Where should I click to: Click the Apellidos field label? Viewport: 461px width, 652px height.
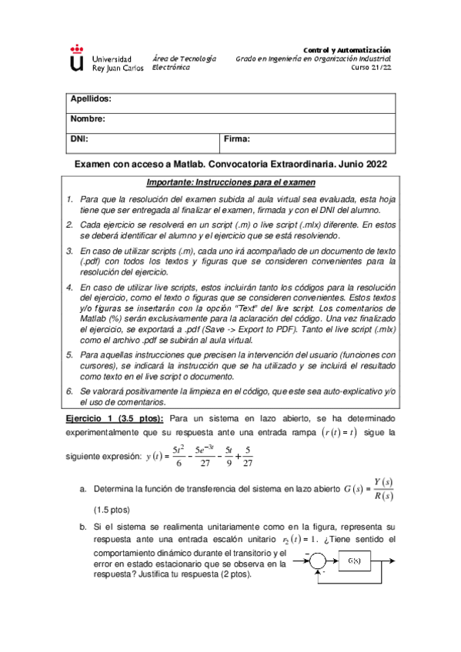(92, 100)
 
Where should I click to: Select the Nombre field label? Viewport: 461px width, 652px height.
(88, 119)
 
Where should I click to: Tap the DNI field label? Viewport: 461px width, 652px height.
(79, 139)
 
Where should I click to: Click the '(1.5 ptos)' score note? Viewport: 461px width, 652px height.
(111, 510)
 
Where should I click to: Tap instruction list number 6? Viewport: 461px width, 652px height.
(69, 391)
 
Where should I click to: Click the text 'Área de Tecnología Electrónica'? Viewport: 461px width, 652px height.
(184, 63)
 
